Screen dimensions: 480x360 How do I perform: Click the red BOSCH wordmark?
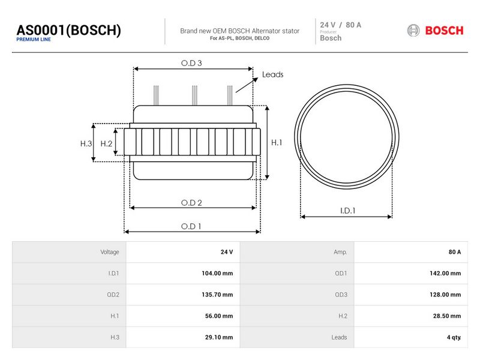pyautogui.click(x=444, y=31)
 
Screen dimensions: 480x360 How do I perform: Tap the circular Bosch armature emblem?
pyautogui.click(x=413, y=31)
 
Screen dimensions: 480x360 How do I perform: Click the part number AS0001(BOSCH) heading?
pyautogui.click(x=68, y=30)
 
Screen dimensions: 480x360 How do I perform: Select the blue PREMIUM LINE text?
pyautogui.click(x=34, y=40)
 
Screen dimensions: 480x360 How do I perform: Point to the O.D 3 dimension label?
pyautogui.click(x=191, y=63)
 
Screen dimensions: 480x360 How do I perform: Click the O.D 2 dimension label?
pyautogui.click(x=191, y=203)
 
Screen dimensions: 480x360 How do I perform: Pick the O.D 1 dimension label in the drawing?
pyautogui.click(x=191, y=226)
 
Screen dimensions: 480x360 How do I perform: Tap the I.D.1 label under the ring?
pyautogui.click(x=347, y=211)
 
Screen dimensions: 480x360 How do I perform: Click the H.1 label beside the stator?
pyautogui.click(x=277, y=143)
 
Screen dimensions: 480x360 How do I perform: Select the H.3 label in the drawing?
pyautogui.click(x=86, y=143)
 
